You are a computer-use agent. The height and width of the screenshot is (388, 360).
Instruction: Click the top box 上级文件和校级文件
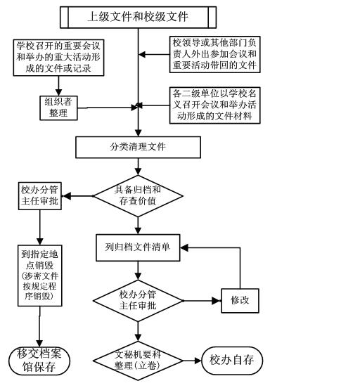[138, 17]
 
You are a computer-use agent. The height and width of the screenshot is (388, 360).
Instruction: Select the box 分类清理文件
[138, 147]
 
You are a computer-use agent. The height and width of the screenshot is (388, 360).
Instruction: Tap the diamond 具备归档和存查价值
[138, 196]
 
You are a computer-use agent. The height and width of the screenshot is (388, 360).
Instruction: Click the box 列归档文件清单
[138, 247]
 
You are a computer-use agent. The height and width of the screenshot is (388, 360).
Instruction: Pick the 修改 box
[240, 301]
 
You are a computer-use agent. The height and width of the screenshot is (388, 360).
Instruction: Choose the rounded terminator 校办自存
[232, 361]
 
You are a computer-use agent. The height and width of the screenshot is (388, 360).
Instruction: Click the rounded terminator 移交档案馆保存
[39, 361]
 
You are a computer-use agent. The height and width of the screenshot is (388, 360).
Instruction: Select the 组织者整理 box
[58, 108]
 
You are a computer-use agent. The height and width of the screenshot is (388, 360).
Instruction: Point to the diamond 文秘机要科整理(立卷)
[138, 361]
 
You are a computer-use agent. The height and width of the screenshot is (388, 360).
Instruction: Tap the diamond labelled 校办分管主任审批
[138, 301]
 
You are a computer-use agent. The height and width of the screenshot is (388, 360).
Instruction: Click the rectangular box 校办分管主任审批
[39, 196]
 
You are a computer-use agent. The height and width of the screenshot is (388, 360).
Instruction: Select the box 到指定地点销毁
[39, 276]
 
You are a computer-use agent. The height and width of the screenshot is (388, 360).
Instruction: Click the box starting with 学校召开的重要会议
[58, 58]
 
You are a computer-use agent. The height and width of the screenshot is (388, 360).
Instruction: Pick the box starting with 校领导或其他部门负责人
[214, 54]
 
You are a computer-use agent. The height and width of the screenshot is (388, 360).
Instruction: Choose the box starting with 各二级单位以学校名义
[214, 105]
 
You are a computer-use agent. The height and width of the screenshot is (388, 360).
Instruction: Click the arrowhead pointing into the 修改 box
[217, 301]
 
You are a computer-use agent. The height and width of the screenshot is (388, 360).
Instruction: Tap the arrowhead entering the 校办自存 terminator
[198, 361]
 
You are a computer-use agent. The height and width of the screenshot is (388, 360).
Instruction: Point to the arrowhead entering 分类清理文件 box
[138, 133]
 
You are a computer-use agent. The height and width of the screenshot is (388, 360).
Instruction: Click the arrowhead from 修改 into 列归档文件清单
[184, 247]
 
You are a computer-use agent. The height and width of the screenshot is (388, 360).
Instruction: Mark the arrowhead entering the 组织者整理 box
[58, 92]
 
